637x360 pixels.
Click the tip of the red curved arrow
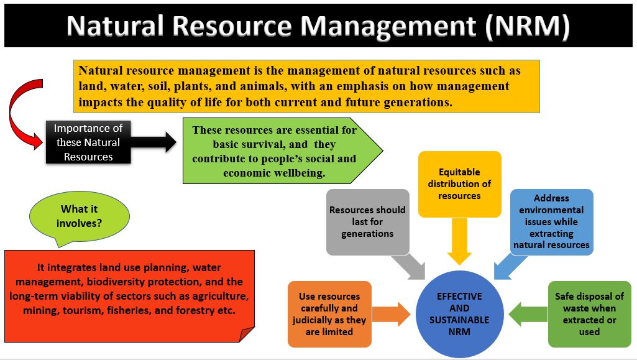[42, 142]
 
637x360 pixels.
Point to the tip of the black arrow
[176, 142]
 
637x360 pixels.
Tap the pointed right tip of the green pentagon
[383, 150]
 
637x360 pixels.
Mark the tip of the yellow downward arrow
[459, 265]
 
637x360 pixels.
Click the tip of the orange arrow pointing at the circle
[411, 314]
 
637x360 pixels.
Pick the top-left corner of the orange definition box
[73, 60]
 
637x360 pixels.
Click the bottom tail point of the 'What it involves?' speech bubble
[59, 247]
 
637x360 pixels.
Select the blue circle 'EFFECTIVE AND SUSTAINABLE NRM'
[459, 314]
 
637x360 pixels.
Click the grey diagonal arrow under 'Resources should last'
[408, 267]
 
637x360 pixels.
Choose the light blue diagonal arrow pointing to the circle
[511, 267]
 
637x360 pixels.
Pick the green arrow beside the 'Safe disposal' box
[528, 314]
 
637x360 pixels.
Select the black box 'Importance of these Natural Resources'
[88, 142]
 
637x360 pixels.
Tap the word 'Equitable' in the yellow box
[459, 172]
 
